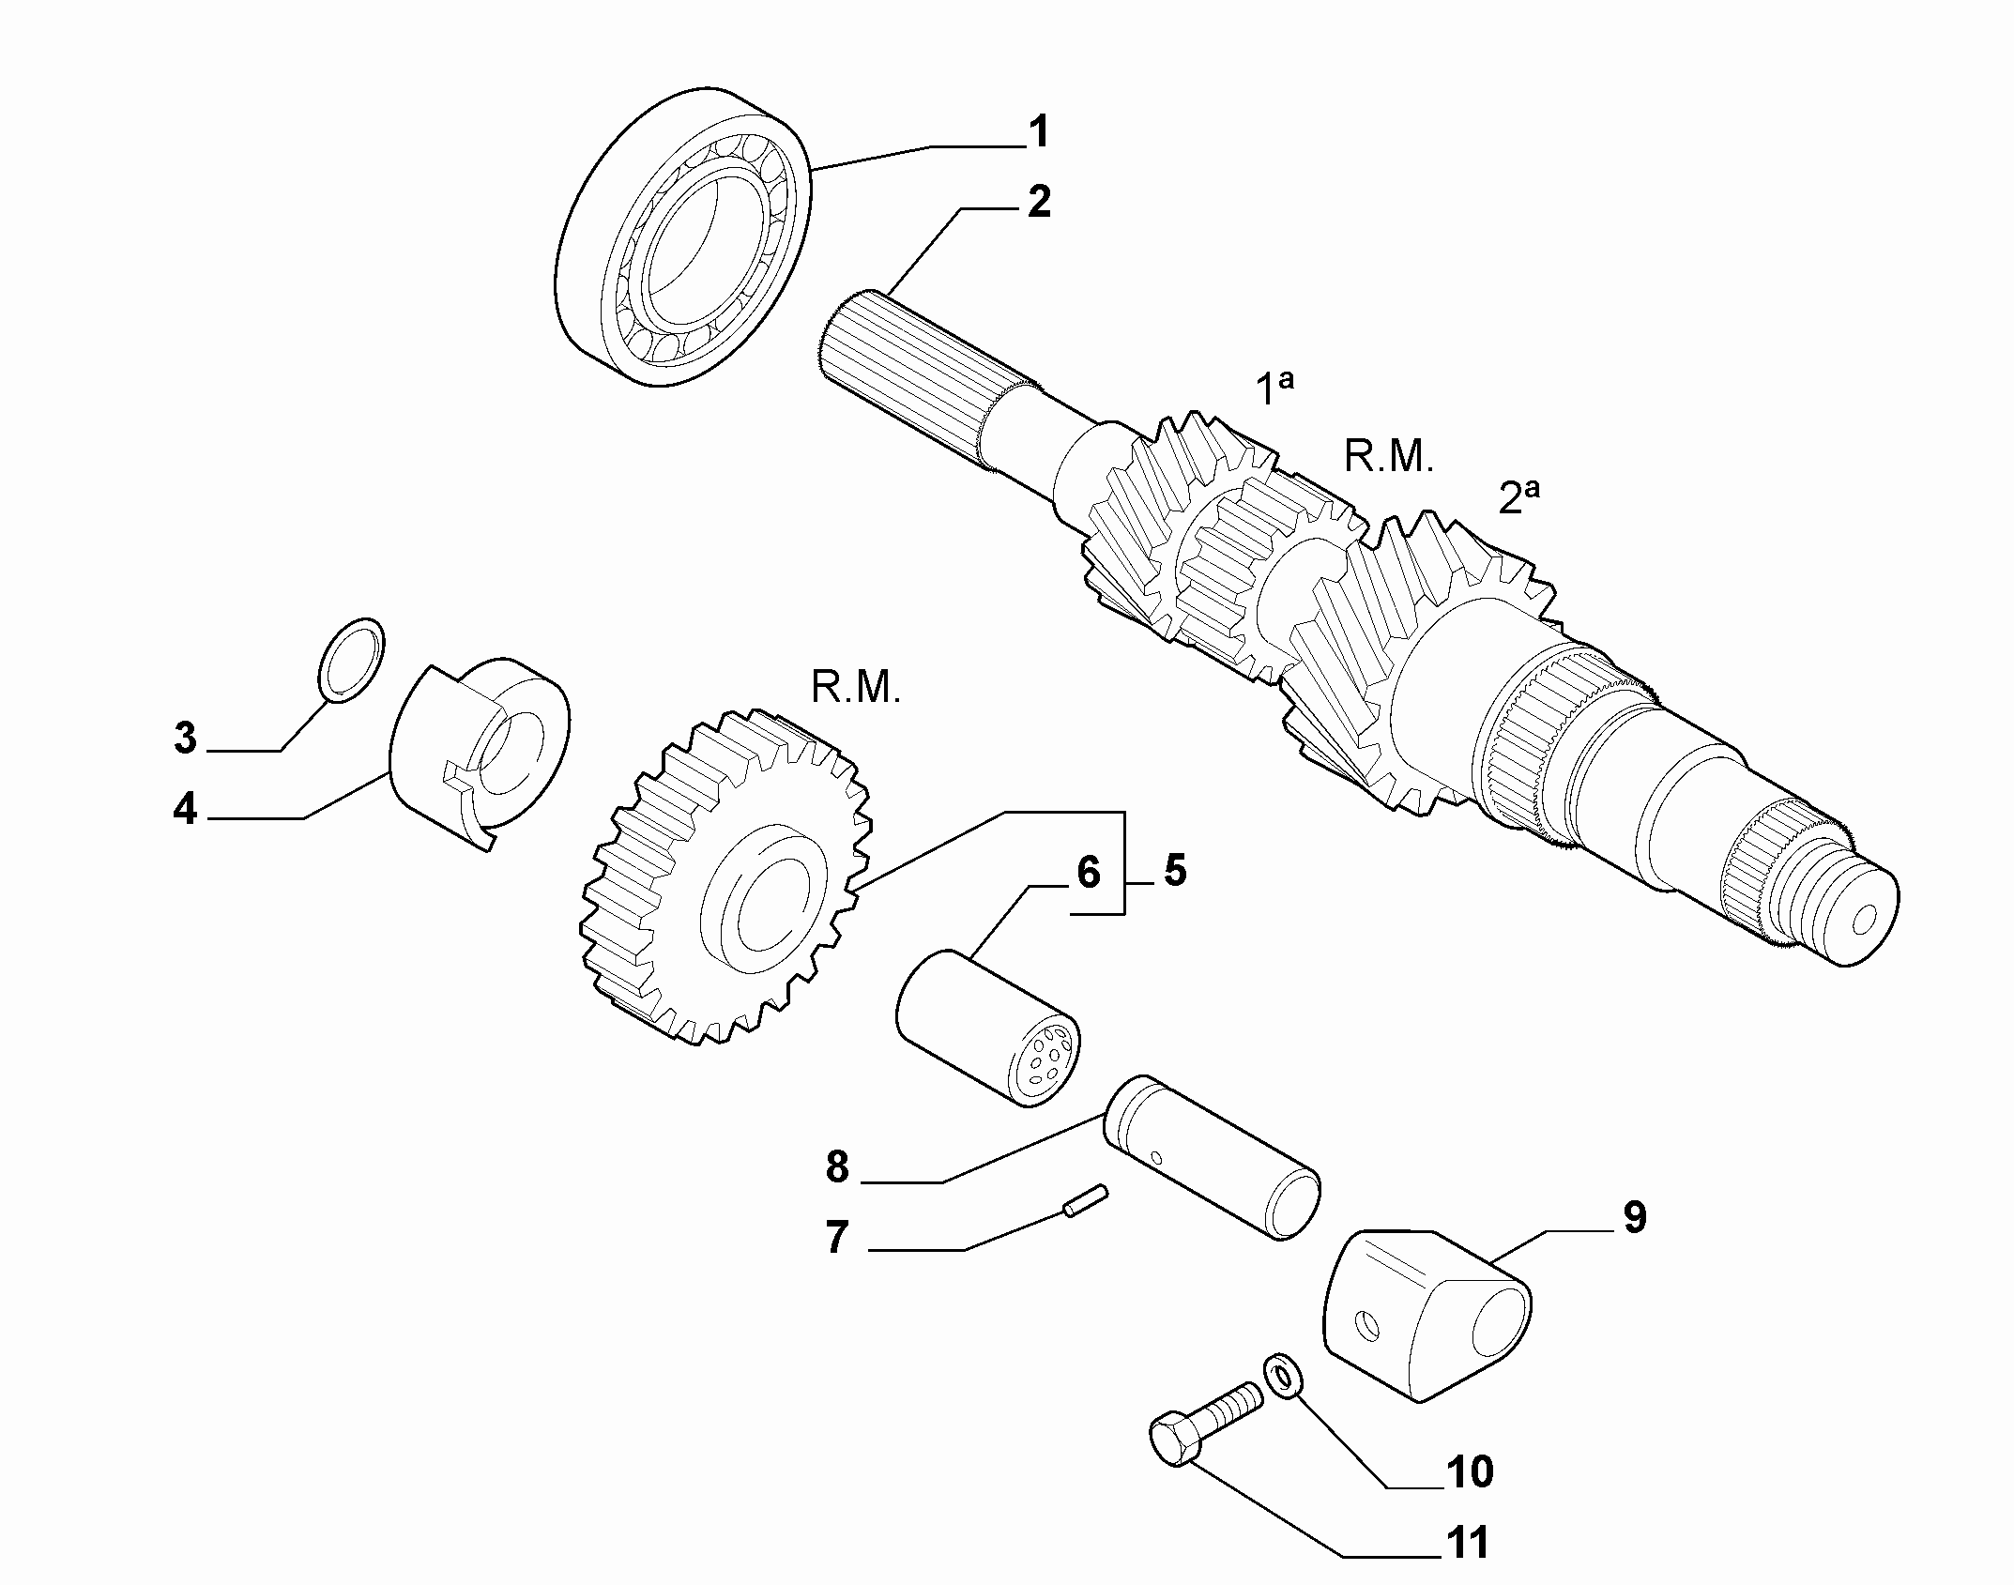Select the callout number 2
pos(1039,203)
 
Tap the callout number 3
pos(186,739)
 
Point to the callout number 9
pos(1634,1217)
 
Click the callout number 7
pos(835,1237)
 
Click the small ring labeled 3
pos(352,660)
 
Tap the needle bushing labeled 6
pos(987,1029)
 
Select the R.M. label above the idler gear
pos(856,689)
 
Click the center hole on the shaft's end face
pos(1860,920)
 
